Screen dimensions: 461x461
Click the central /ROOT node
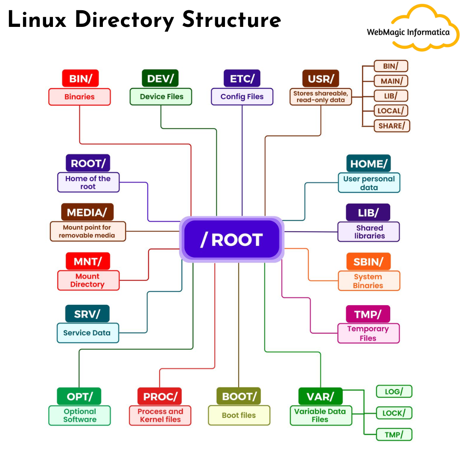[231, 239]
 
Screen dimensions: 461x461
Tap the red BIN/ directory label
[80, 79]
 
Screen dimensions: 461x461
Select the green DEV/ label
[160, 79]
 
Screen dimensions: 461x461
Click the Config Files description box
[242, 96]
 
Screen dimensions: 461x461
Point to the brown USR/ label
[321, 79]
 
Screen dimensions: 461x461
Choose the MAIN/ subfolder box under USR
[391, 81]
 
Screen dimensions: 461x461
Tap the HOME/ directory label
[368, 163]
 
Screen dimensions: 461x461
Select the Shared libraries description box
[369, 232]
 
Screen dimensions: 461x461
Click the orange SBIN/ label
[368, 261]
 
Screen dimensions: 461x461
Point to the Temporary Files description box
[368, 333]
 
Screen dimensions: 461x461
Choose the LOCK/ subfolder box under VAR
[394, 413]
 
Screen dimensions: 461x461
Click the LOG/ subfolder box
[394, 391]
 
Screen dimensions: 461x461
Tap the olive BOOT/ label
[239, 396]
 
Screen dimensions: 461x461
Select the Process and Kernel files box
[160, 415]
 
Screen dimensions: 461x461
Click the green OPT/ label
[79, 397]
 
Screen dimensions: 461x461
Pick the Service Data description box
[88, 333]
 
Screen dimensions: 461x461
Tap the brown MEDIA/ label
[87, 212]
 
